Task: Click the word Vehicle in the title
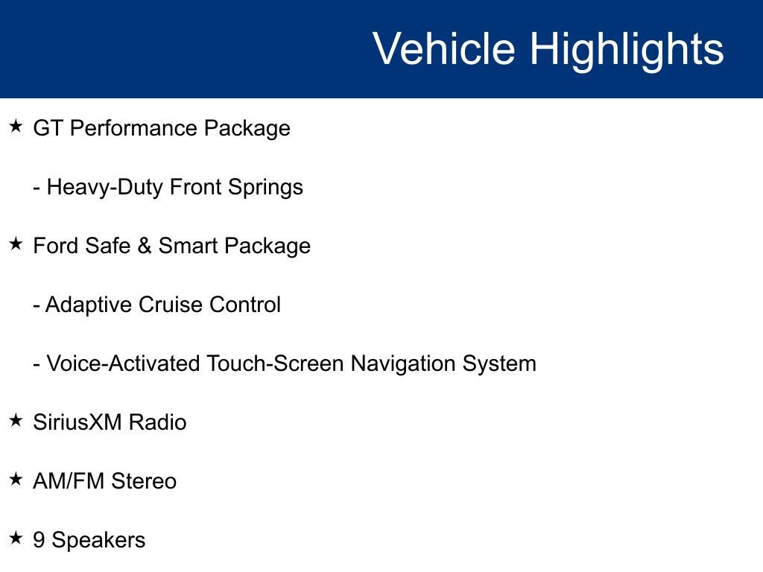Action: (x=443, y=49)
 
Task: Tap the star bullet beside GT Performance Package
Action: (x=16, y=127)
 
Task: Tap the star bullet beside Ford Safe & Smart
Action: (x=16, y=244)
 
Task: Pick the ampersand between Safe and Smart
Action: (x=144, y=246)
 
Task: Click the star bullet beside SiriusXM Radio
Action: (x=16, y=421)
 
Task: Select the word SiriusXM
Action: (x=77, y=422)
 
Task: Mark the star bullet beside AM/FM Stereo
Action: (x=16, y=480)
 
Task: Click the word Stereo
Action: (x=144, y=481)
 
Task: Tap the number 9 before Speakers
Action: (x=39, y=540)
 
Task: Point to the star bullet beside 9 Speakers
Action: (x=16, y=538)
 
